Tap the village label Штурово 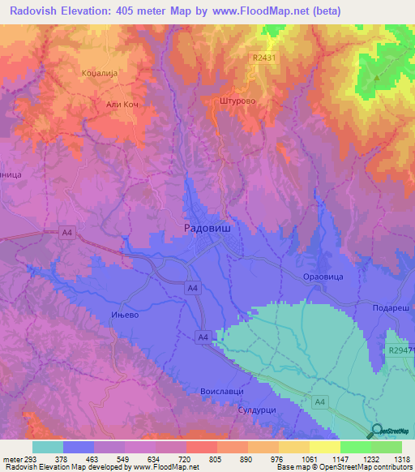pyautogui.click(x=237, y=101)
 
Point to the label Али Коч pyautogui.click(x=124, y=104)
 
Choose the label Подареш pyautogui.click(x=393, y=310)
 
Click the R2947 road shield pyautogui.click(x=400, y=350)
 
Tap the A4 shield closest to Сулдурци pyautogui.click(x=320, y=401)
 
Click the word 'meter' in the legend pyautogui.click(x=11, y=458)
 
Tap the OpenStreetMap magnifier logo pyautogui.click(x=375, y=431)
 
